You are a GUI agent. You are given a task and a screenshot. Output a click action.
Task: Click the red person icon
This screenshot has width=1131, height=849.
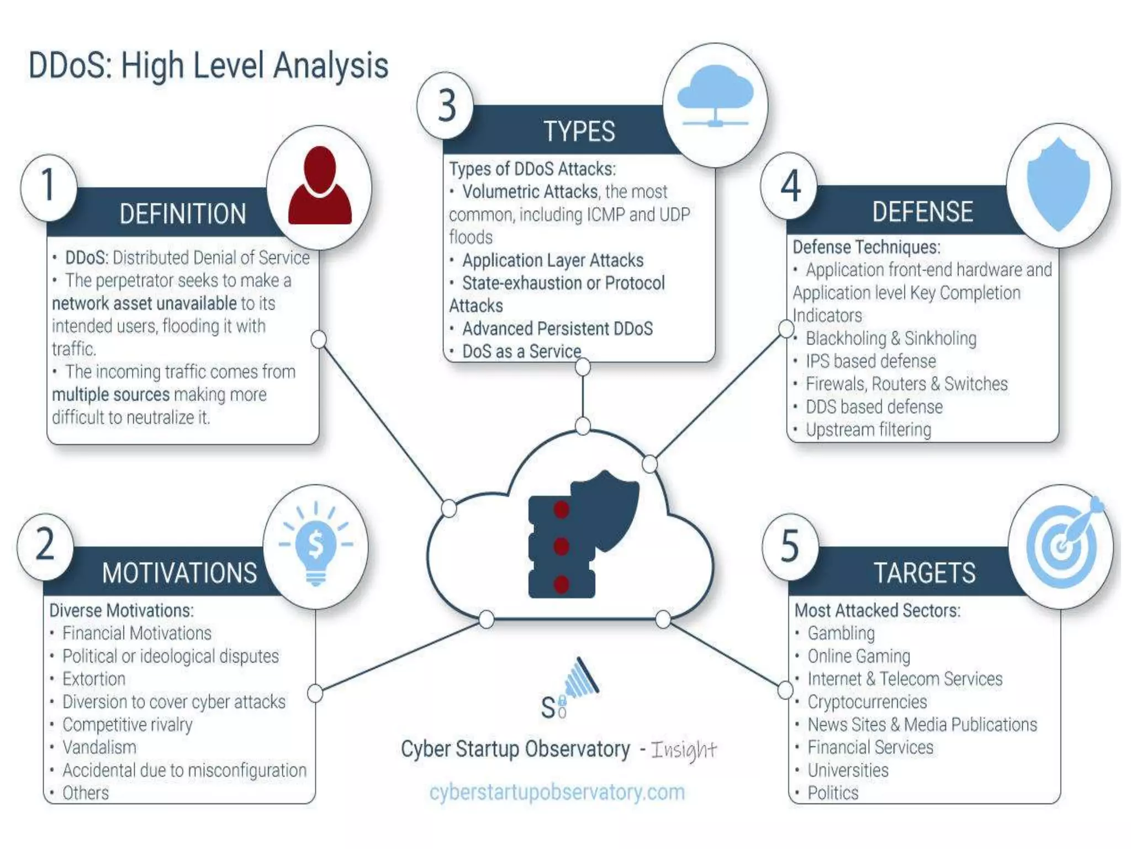[320, 187]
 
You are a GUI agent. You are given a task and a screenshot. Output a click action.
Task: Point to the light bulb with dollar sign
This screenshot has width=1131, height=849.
[315, 544]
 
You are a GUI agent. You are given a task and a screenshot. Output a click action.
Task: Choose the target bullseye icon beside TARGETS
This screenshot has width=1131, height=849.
[1062, 544]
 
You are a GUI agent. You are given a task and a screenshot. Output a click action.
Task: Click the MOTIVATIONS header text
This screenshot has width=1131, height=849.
[179, 573]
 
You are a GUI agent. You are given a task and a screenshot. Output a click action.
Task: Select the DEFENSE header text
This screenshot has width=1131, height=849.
[922, 212]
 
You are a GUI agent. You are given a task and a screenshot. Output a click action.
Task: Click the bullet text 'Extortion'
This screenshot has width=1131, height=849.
[94, 679]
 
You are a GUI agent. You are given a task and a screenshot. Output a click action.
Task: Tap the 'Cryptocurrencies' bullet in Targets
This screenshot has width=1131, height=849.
[867, 702]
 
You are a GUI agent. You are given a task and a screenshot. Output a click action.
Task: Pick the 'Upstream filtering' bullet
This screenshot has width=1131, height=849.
[868, 429]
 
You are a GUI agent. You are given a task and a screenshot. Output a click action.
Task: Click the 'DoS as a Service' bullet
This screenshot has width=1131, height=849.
[521, 351]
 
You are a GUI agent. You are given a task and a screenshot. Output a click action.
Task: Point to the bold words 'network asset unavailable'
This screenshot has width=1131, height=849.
[145, 303]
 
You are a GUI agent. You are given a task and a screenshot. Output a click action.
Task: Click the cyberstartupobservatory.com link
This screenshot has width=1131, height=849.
[557, 792]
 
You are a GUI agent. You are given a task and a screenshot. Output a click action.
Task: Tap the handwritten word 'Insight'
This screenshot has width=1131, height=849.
[684, 750]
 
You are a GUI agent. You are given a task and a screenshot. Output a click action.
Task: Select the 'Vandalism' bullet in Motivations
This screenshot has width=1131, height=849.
[99, 747]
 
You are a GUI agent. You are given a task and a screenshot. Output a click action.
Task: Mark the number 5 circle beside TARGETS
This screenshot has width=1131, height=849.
[790, 546]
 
